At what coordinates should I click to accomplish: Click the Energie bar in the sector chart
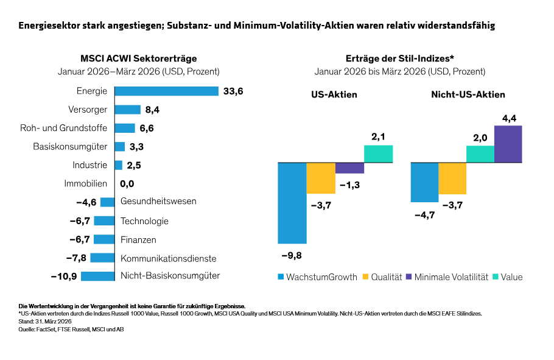(166, 91)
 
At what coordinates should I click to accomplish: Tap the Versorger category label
(88, 110)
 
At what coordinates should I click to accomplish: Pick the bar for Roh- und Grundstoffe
(125, 128)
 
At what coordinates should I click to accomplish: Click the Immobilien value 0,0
(127, 183)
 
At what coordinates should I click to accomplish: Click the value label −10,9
(64, 276)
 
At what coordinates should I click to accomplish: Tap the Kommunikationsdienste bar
(106, 258)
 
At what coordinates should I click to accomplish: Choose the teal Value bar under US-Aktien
(378, 154)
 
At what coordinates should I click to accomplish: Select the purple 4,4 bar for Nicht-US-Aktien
(508, 144)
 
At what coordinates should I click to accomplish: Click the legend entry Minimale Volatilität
(451, 277)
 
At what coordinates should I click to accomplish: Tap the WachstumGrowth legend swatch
(281, 277)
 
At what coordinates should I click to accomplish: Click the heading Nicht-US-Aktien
(468, 94)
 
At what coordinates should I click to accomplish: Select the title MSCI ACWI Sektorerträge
(139, 58)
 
